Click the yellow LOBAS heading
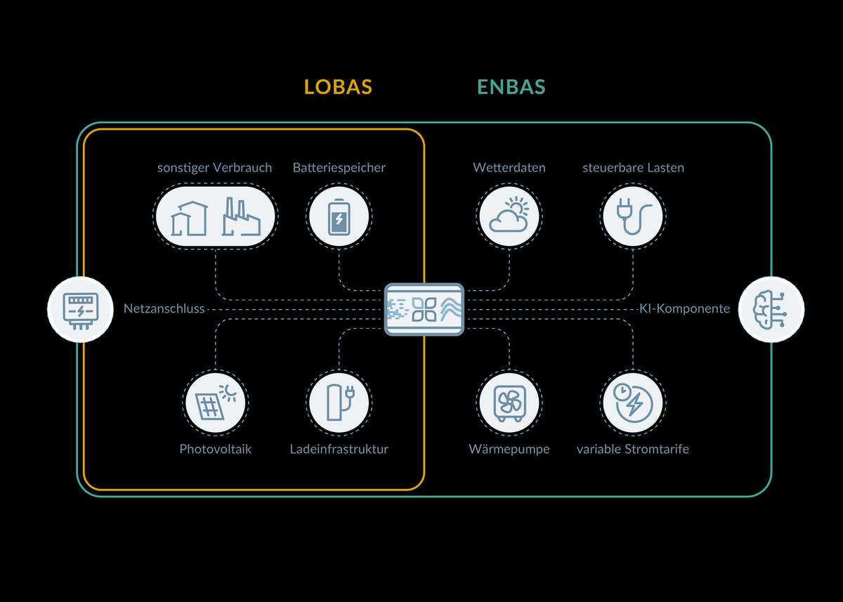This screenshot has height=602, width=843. tap(338, 87)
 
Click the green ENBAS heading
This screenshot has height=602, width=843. tap(511, 87)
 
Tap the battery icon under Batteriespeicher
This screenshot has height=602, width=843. tap(339, 216)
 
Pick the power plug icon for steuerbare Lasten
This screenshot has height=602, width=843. tap(633, 216)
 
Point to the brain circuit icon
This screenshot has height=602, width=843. tap(771, 309)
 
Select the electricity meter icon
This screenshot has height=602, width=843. tap(80, 309)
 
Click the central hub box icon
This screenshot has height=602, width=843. tap(424, 309)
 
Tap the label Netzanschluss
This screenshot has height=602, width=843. tap(164, 308)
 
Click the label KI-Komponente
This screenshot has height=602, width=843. tap(684, 308)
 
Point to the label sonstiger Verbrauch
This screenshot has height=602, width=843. tap(214, 168)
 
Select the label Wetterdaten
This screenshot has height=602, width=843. tap(509, 168)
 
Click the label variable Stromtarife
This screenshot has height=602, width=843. tap(633, 449)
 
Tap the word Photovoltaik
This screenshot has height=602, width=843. tap(216, 449)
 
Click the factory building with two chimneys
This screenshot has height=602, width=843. tap(241, 217)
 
